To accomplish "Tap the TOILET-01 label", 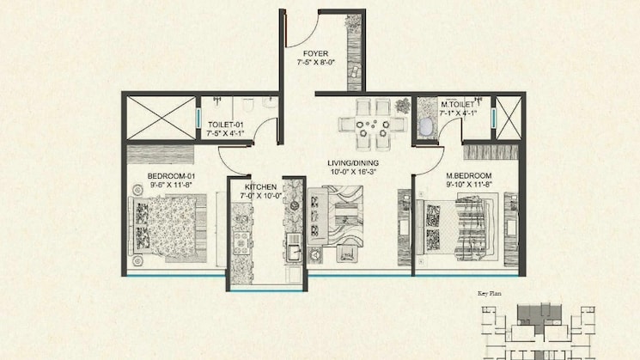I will tap(226, 125).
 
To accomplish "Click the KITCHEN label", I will tap(260, 186).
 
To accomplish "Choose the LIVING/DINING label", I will tap(353, 162).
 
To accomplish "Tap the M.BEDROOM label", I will tap(468, 174).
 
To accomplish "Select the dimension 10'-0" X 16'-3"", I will tap(353, 172).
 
